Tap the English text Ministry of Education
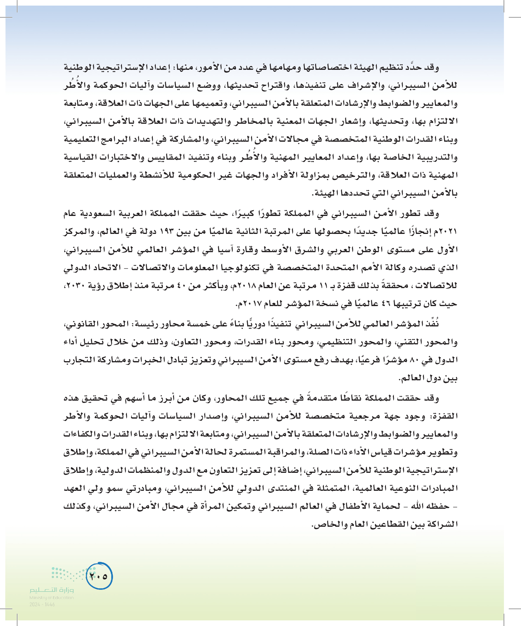(52, 597)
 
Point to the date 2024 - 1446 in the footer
(42, 604)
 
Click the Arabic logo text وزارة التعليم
(52, 590)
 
